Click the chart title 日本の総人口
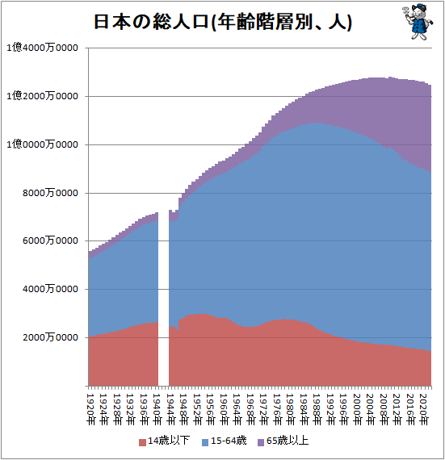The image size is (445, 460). pos(151,22)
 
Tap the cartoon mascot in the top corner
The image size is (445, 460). pos(418,22)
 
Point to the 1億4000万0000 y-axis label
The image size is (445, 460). pos(42,48)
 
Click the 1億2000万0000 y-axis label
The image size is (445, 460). pos(42,96)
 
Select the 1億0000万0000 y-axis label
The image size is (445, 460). pos(42,144)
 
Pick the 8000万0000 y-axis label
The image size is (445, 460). pos(50,193)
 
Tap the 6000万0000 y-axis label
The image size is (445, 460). pos(50,240)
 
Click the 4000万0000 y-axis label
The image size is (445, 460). pos(50,289)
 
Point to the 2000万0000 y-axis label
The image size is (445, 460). pos(50,337)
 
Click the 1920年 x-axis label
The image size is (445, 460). pos(91,409)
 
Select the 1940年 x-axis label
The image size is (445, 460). pos(157,409)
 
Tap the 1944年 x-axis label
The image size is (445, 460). pos(171,409)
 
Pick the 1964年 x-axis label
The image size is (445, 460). pos(237,409)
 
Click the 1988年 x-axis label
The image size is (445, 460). pos(317,409)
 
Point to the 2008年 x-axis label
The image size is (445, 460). pos(384,409)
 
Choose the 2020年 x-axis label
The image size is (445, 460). pos(423,409)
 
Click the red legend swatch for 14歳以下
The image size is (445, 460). pos(142,442)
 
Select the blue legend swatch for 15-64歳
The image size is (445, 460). pos(205,442)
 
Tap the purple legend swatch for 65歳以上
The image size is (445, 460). pos(261,442)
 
